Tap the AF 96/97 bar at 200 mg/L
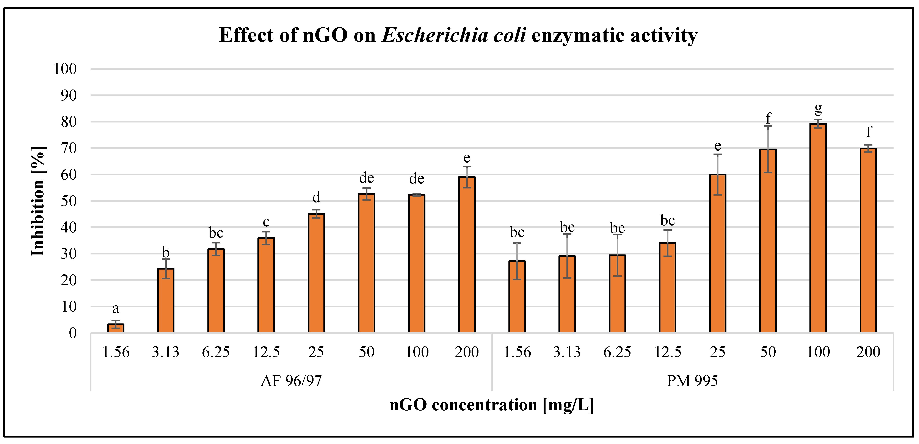click(x=467, y=255)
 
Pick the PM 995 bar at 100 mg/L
click(x=818, y=228)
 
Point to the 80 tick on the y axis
click(x=69, y=122)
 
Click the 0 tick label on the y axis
click(x=73, y=333)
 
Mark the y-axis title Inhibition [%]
click(x=38, y=201)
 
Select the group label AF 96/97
click(x=291, y=381)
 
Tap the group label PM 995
click(x=692, y=381)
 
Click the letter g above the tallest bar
click(x=818, y=108)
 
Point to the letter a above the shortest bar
click(x=116, y=308)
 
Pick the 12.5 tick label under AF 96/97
click(x=266, y=352)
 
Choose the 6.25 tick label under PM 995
click(x=617, y=352)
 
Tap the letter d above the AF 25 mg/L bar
click(x=316, y=197)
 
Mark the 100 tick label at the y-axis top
click(x=65, y=69)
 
